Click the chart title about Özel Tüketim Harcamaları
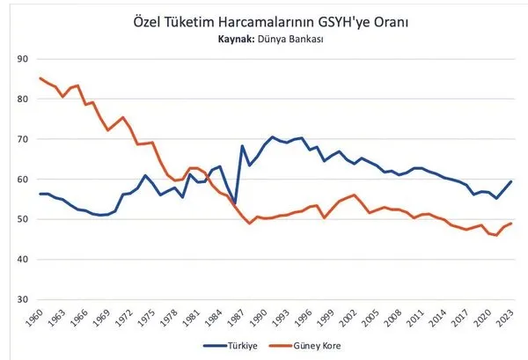(263, 20)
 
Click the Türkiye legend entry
(231, 345)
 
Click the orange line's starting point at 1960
(40, 78)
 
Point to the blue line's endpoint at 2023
(512, 181)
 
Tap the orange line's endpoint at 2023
(512, 224)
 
